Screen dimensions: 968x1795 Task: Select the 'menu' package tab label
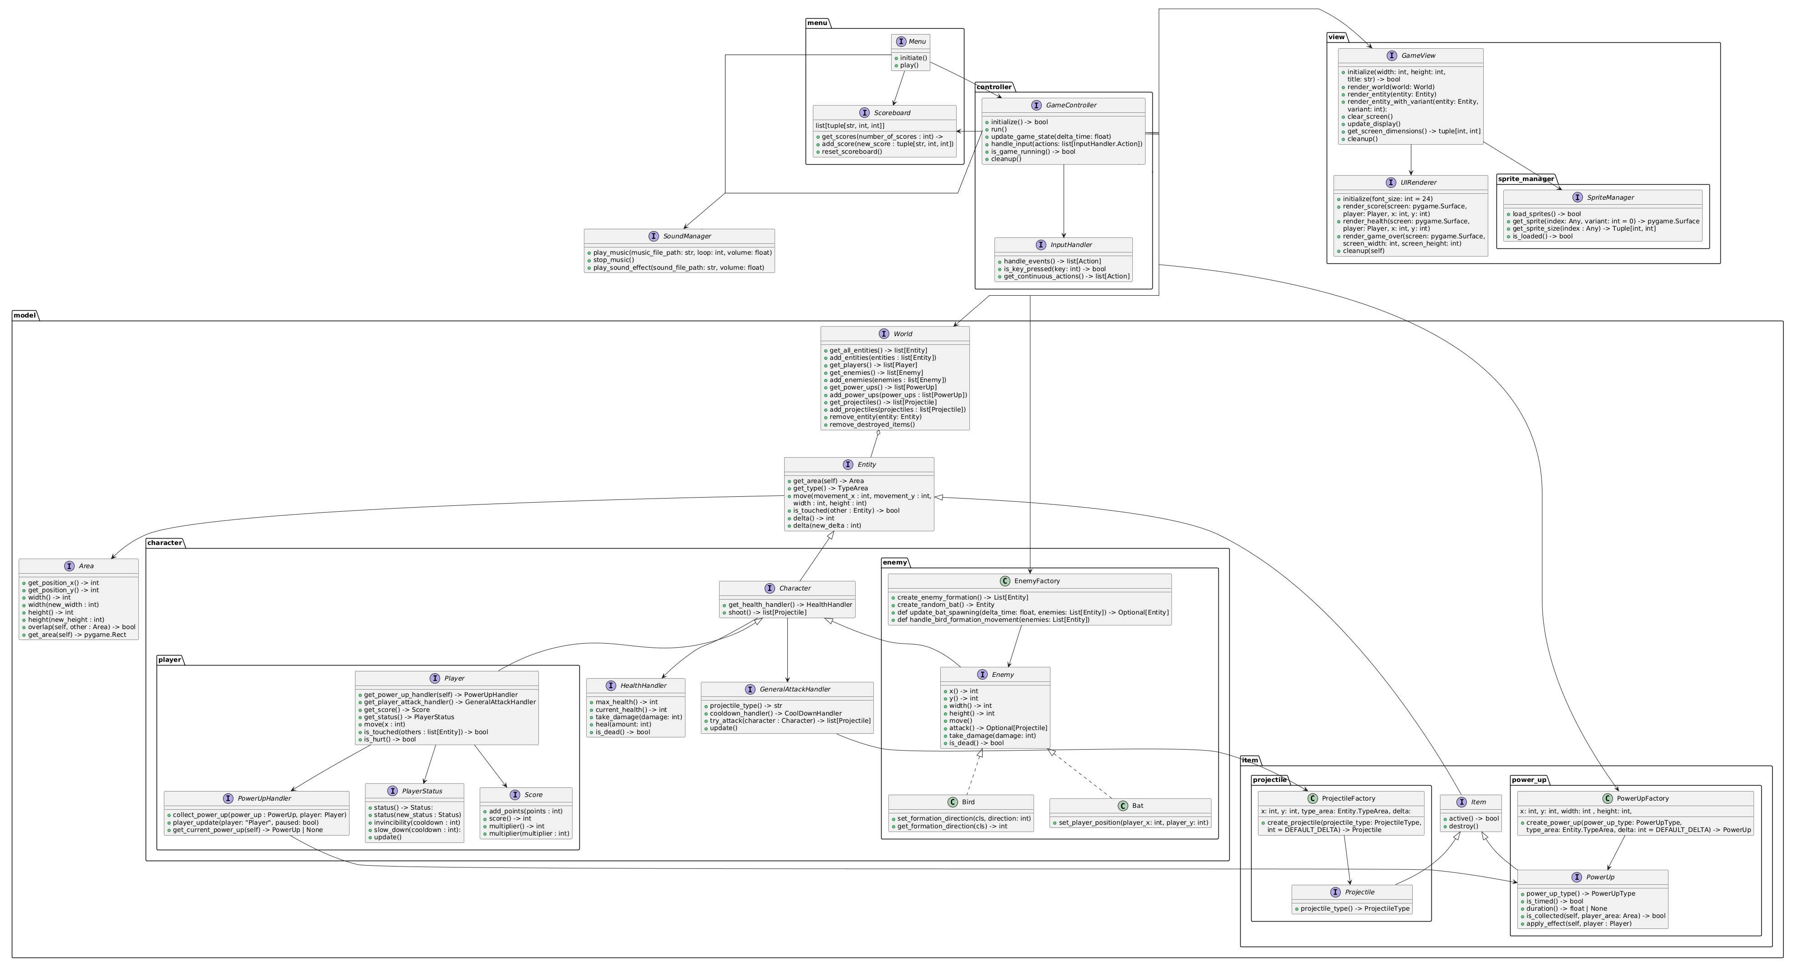(817, 23)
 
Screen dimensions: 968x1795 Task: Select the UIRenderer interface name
(1418, 182)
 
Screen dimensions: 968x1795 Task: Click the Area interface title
(86, 566)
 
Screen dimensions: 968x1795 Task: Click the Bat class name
(1137, 806)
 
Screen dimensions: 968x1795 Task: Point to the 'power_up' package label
(1529, 780)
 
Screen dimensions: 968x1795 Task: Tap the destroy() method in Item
(1463, 827)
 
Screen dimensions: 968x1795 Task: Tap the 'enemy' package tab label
(895, 563)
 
